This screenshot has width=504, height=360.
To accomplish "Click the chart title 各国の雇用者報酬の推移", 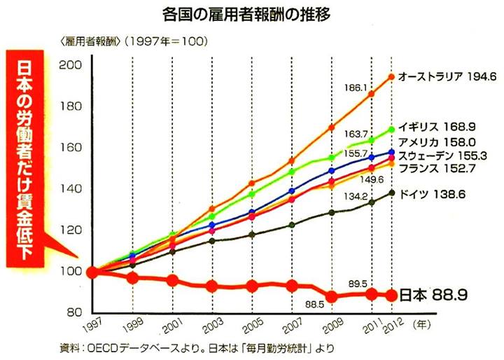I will [252, 13].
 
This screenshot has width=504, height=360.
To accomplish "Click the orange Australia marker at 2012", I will [391, 76].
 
